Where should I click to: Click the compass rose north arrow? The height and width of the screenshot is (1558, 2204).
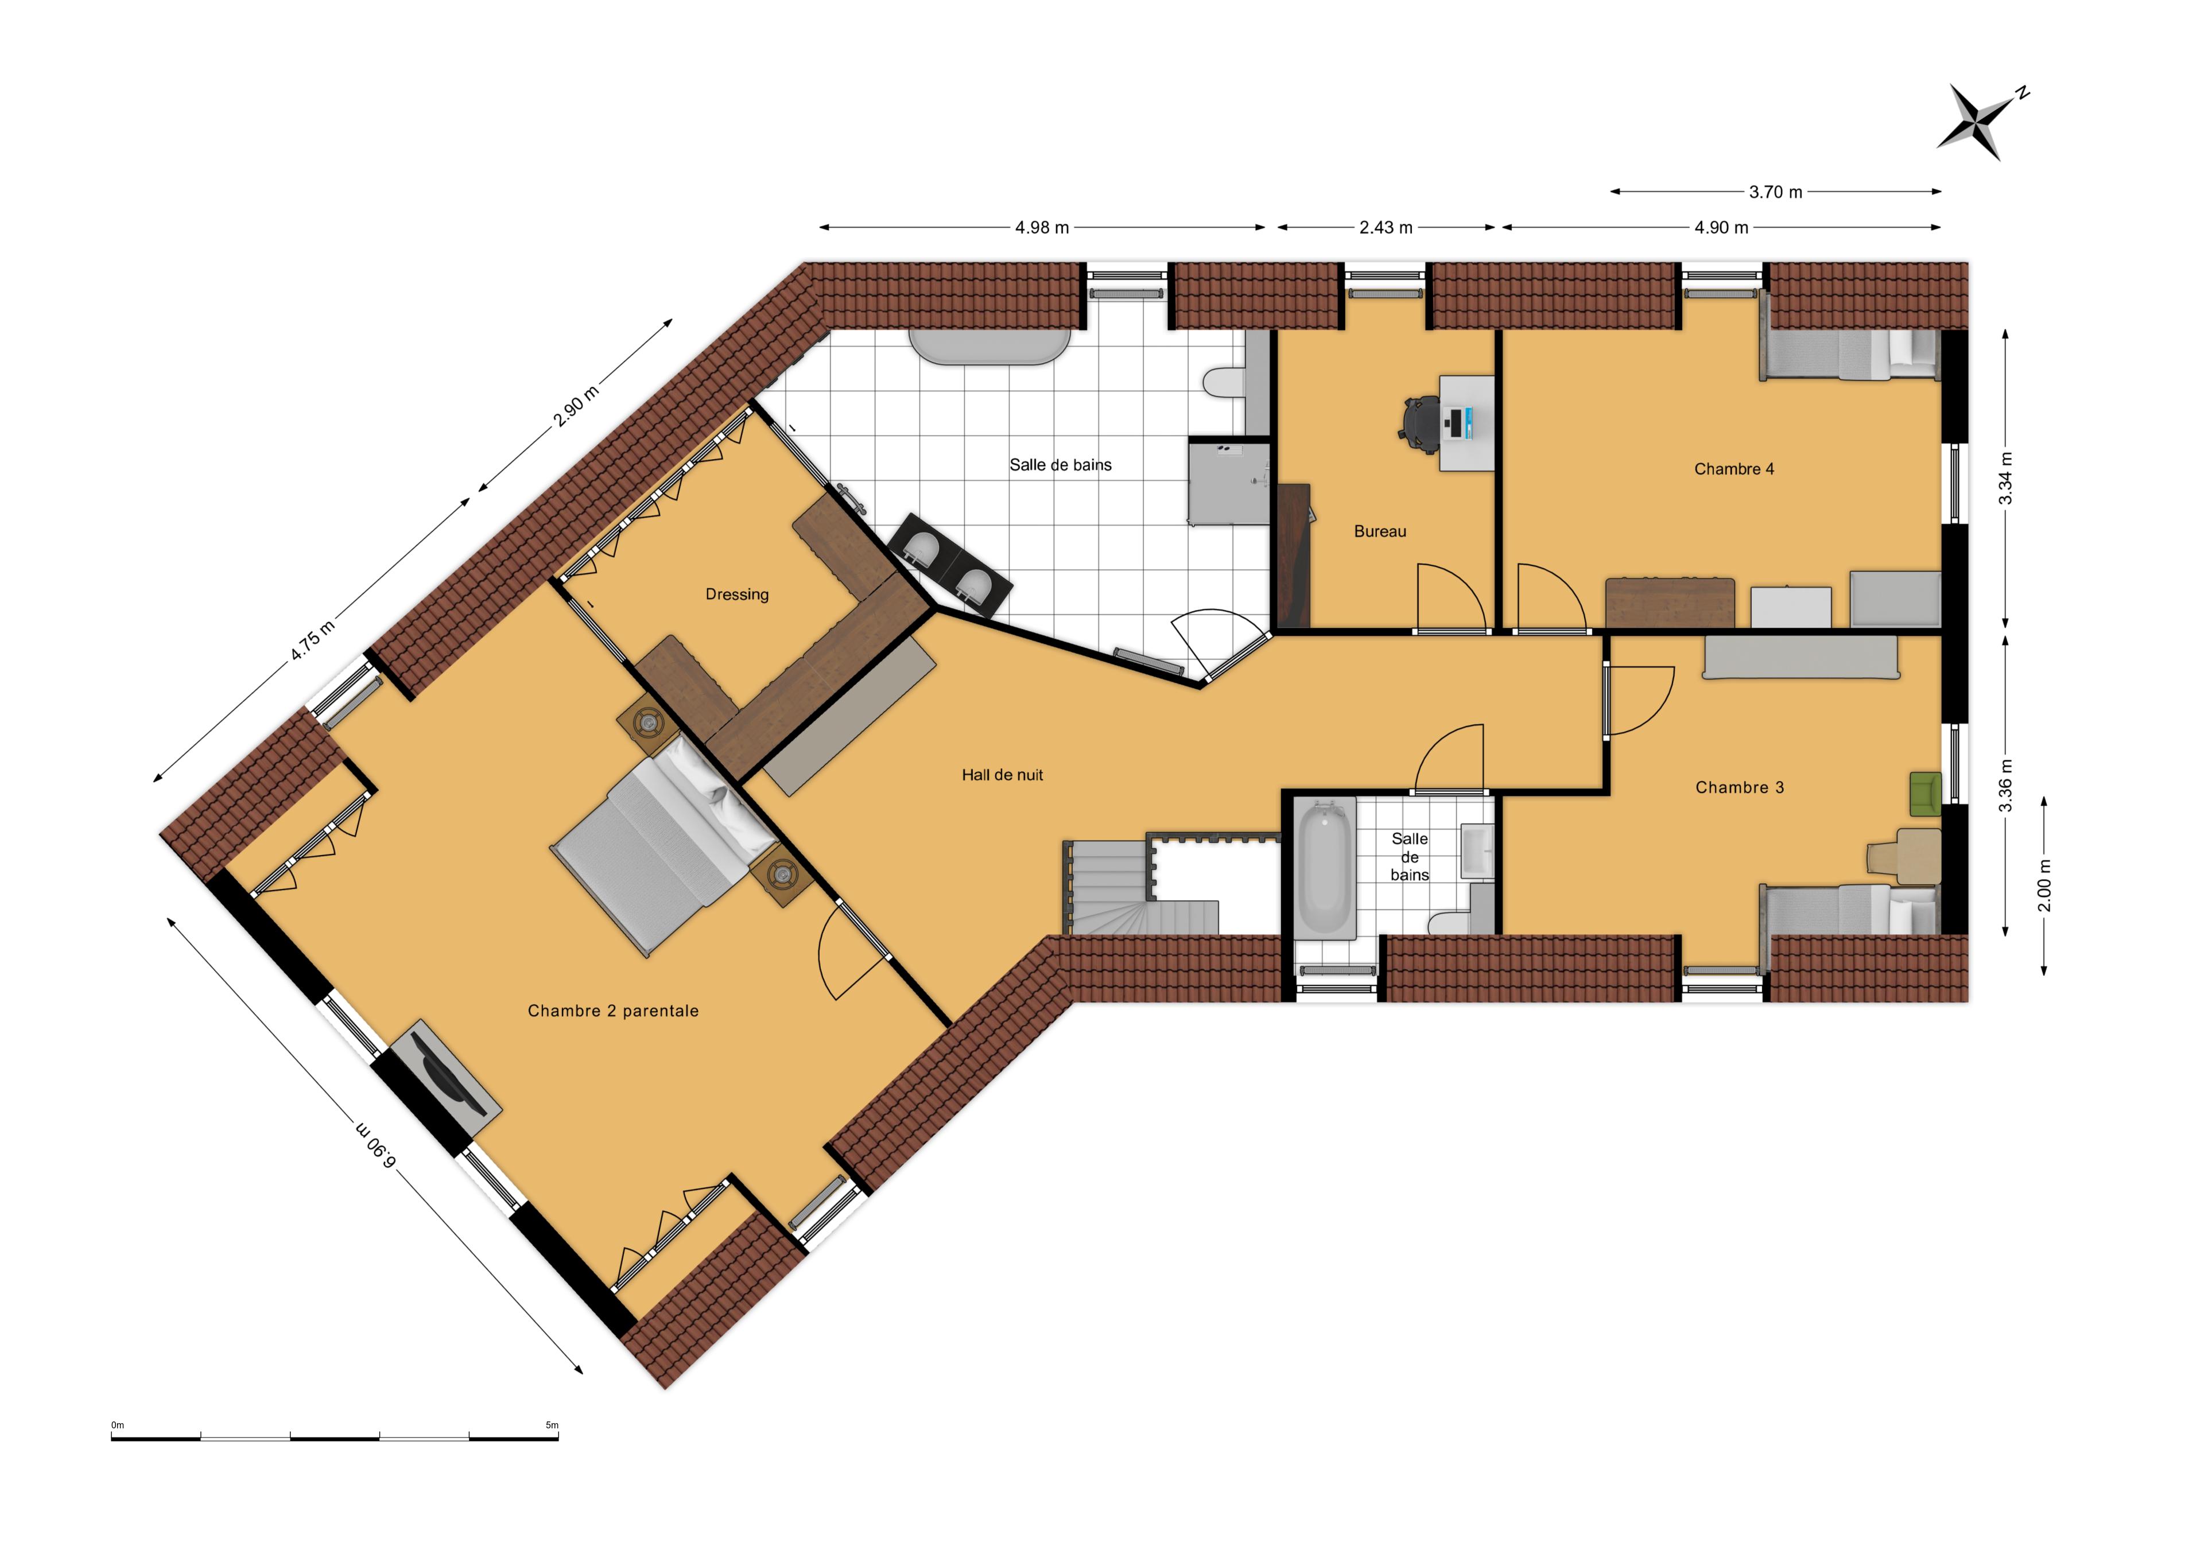point(1980,120)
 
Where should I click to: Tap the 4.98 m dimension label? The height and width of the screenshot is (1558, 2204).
point(1042,227)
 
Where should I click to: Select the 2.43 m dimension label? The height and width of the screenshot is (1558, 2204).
point(1385,227)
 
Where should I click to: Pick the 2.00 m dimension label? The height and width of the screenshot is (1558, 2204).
point(2044,885)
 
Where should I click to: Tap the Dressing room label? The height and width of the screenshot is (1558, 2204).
point(736,594)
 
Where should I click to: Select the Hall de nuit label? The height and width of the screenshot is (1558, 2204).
point(1002,775)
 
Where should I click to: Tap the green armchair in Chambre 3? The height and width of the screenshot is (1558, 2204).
point(1924,794)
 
